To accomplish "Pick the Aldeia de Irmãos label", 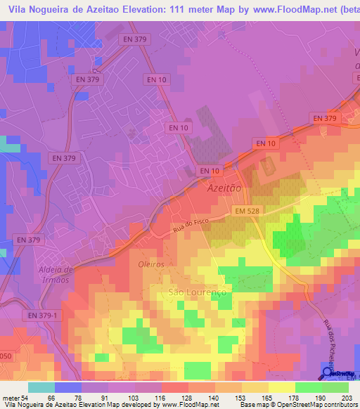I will pos(53,274).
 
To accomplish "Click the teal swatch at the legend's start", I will pos(41,387).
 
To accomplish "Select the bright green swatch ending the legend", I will pos(335,387).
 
